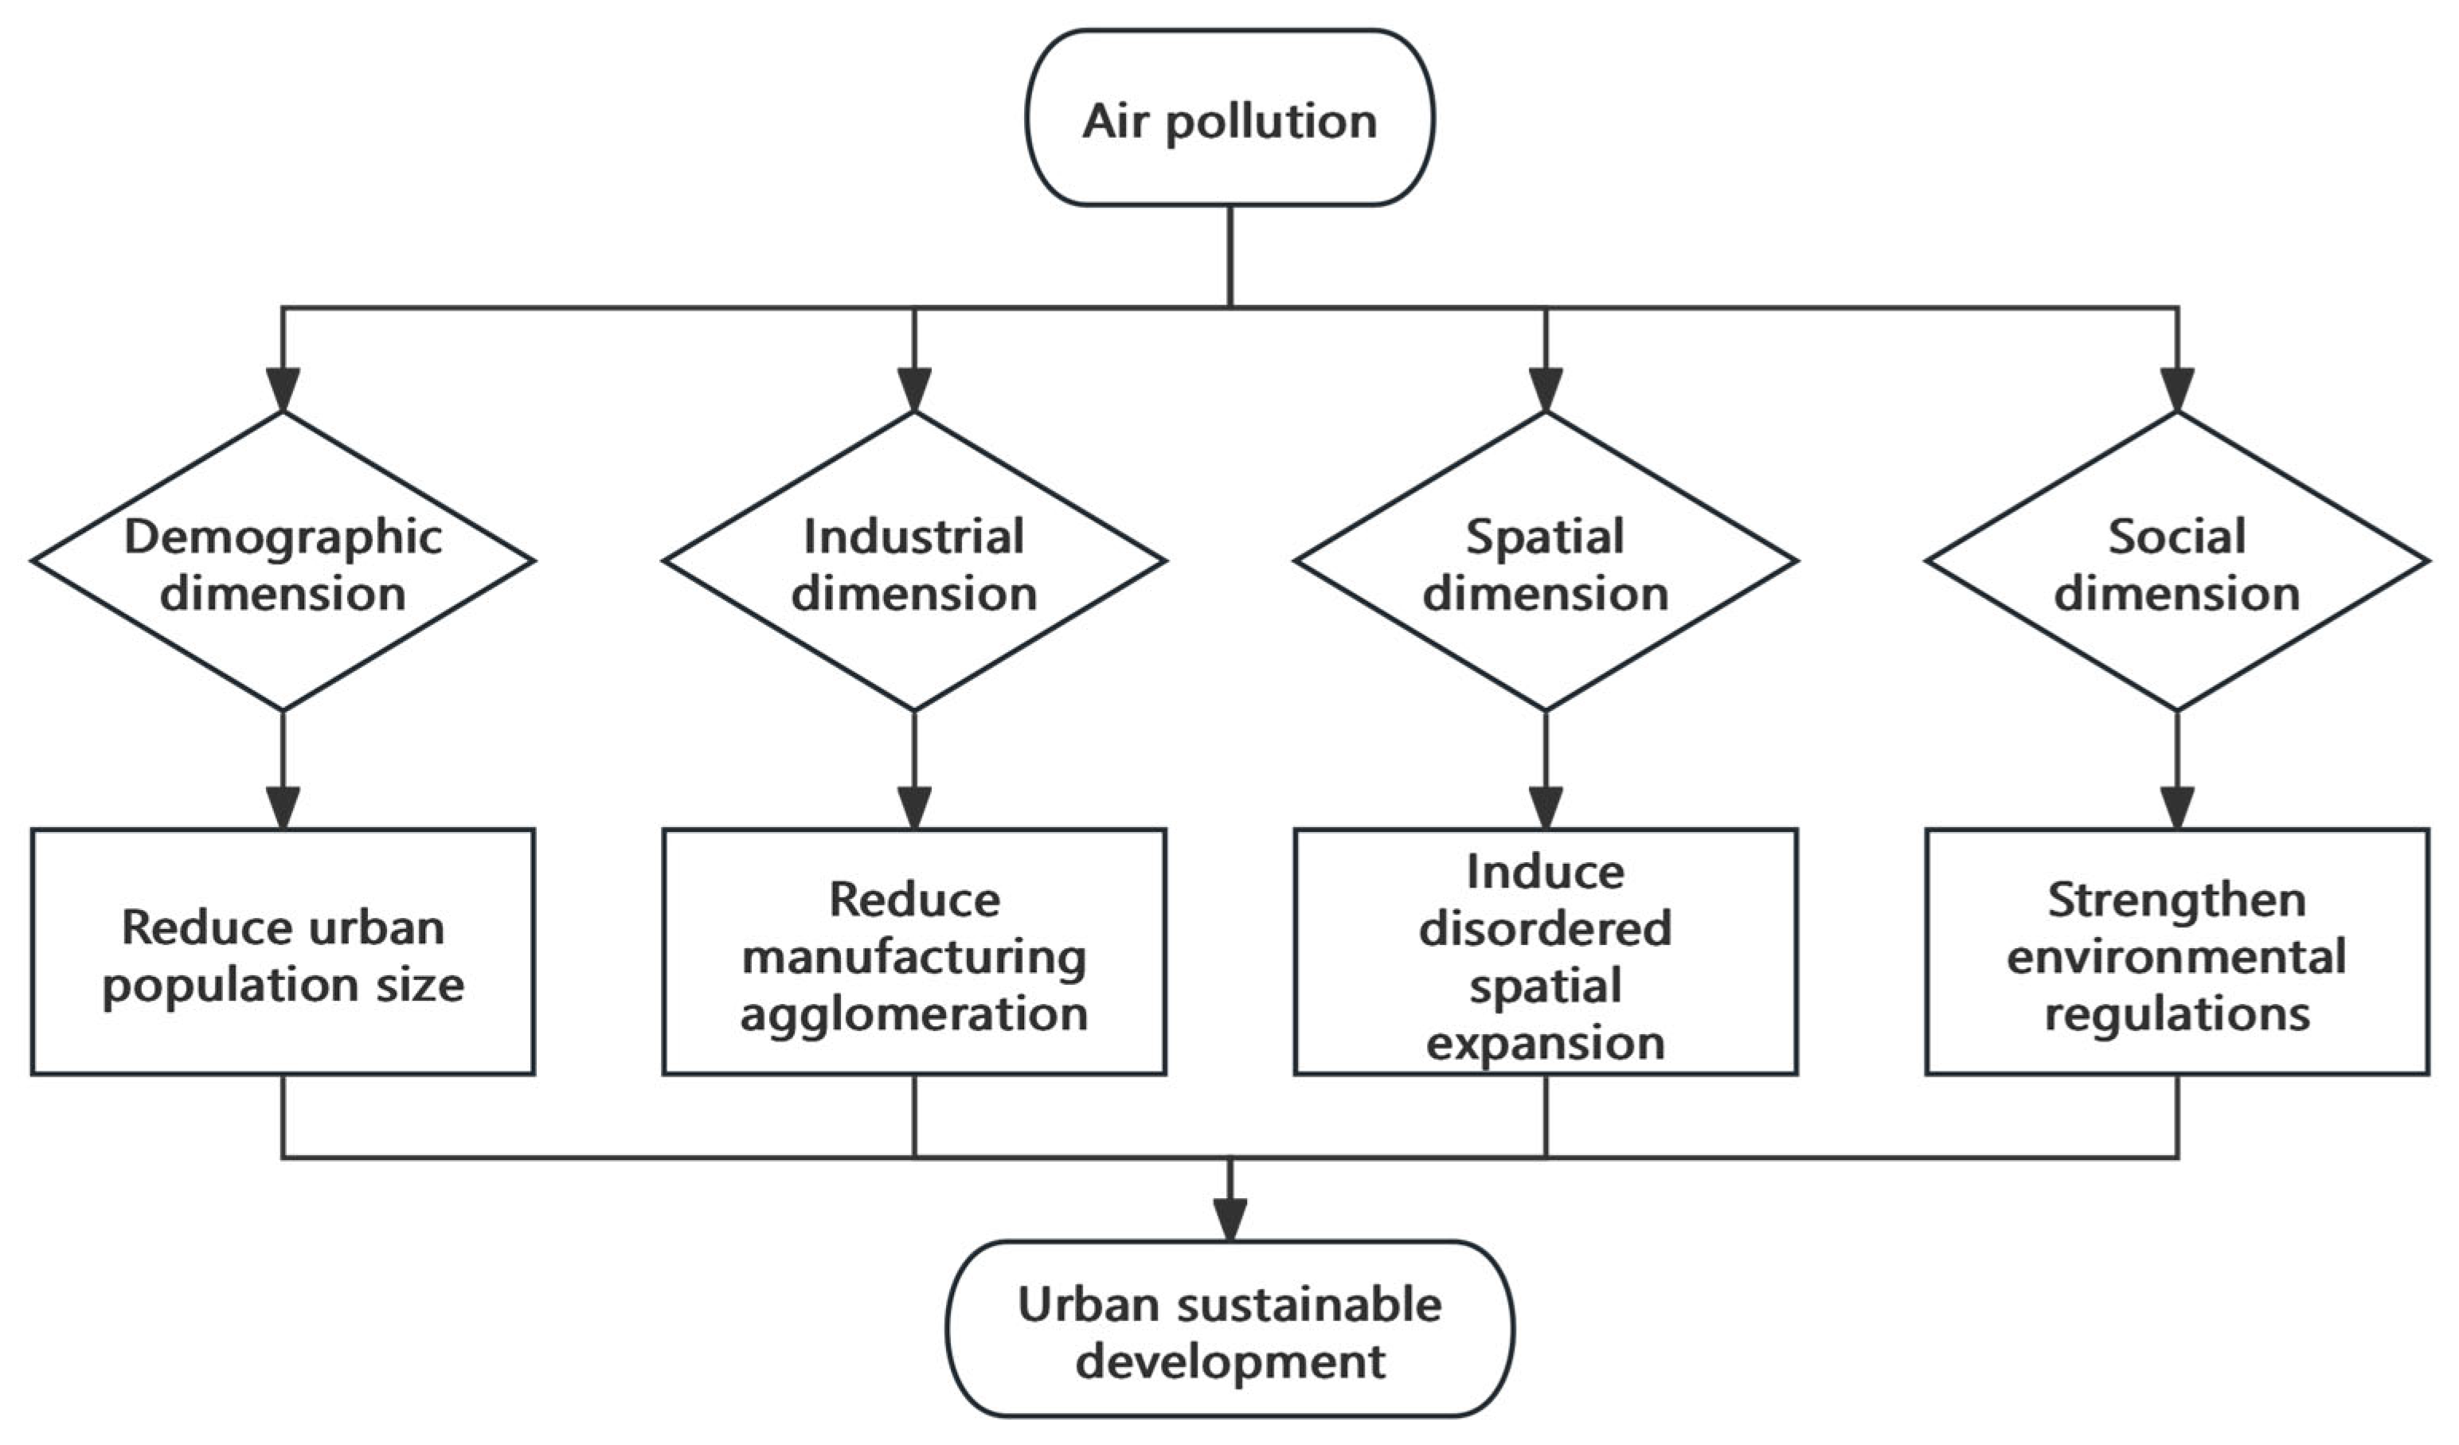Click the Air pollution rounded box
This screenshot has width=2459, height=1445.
point(1229,117)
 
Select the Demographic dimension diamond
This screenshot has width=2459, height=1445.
point(283,561)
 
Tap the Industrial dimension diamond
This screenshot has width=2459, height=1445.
point(914,561)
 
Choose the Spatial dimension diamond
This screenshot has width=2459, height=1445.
point(1546,561)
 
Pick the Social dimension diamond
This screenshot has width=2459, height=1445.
point(2177,561)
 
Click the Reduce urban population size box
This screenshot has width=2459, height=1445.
point(283,951)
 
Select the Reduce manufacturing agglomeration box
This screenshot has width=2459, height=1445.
point(914,951)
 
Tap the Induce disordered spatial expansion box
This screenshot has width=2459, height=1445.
point(1546,951)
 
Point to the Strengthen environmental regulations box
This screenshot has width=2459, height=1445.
point(2177,951)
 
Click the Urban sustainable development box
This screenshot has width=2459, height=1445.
point(1229,1329)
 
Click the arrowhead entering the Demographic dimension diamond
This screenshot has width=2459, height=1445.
point(283,390)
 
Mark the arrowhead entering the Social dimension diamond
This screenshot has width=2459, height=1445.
point(2177,390)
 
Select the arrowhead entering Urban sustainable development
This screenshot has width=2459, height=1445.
point(1229,1220)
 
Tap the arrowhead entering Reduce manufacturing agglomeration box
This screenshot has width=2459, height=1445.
point(914,808)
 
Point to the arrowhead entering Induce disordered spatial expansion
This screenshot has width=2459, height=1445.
point(1546,808)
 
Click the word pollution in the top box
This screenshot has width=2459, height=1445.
point(1272,123)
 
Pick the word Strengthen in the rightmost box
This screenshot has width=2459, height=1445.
point(2177,900)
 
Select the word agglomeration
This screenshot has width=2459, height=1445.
point(914,1015)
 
